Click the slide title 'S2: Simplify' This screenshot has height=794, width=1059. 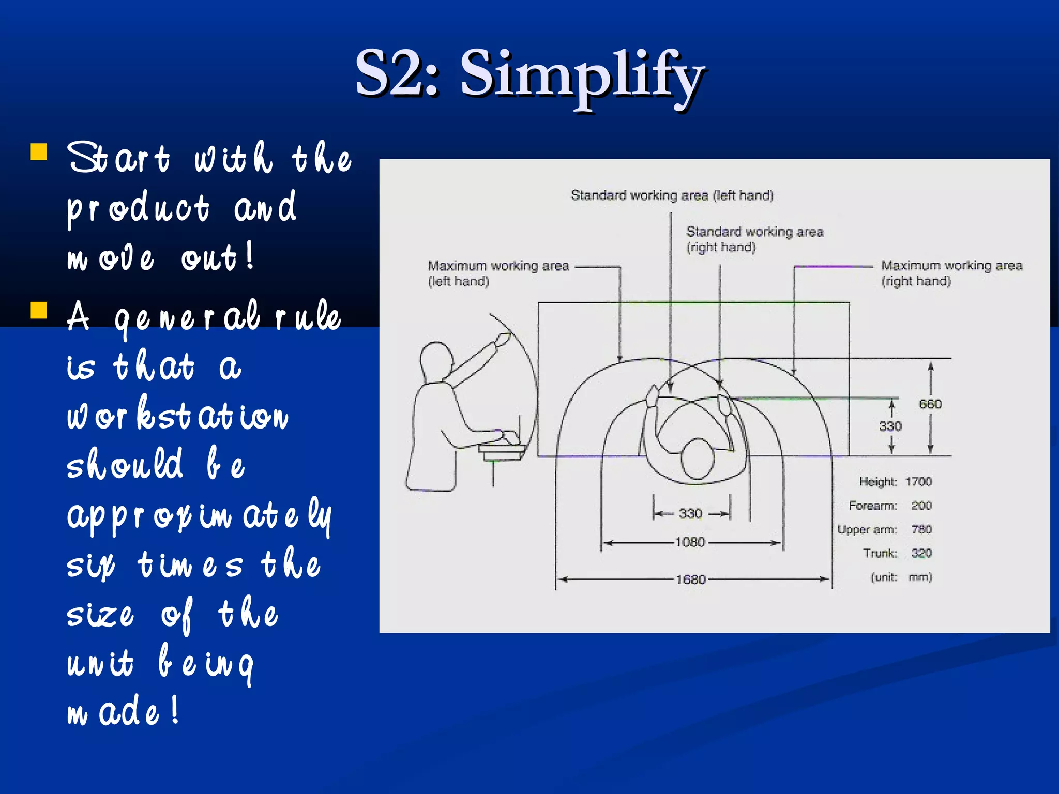click(529, 73)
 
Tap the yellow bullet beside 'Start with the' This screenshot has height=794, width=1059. click(39, 152)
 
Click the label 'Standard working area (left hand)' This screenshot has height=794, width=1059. click(672, 195)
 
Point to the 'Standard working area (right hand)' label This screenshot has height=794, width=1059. click(754, 239)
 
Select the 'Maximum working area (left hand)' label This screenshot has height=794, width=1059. click(498, 273)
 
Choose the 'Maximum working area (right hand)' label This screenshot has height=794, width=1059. click(951, 273)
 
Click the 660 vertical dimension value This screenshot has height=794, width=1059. click(930, 404)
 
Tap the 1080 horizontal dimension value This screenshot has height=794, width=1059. click(690, 542)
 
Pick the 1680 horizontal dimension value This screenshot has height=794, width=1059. click(691, 579)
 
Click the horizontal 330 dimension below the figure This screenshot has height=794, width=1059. click(690, 513)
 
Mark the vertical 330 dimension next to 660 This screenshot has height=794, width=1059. click(890, 426)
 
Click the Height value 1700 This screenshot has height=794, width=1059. click(918, 482)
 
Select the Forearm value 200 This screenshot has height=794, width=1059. click(921, 506)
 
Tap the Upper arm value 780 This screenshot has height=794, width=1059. click(921, 529)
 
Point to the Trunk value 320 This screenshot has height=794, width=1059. click(921, 553)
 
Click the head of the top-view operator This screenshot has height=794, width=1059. click(698, 459)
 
